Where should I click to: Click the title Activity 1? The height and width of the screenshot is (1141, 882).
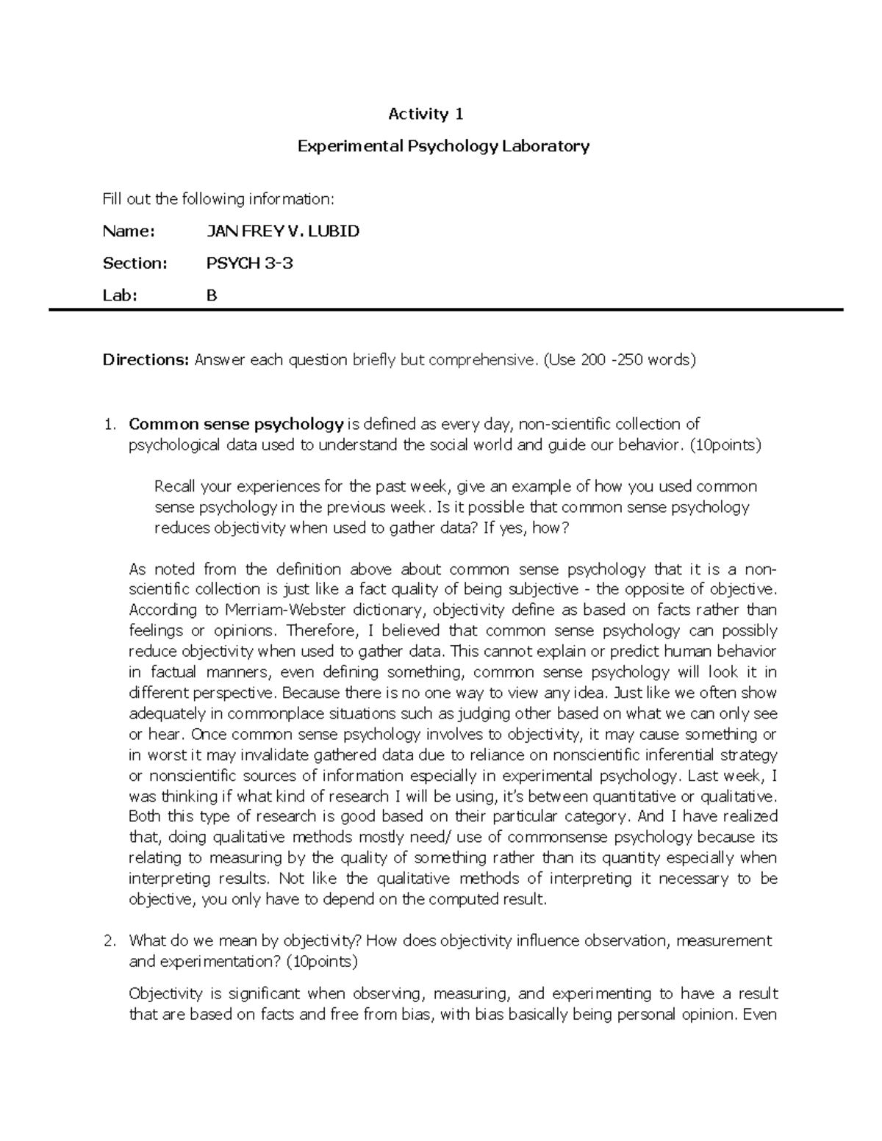(426, 114)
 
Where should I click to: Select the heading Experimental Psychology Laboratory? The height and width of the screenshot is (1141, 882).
(442, 146)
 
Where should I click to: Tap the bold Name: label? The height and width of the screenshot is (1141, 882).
(129, 231)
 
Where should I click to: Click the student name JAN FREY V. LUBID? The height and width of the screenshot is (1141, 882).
(283, 231)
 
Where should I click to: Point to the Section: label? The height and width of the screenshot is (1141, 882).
(135, 263)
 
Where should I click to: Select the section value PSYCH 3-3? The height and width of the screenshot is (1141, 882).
(250, 263)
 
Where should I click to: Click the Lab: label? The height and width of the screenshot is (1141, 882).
(120, 295)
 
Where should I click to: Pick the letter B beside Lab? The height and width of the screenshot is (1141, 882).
(212, 295)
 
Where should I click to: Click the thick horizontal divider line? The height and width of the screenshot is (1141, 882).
(445, 311)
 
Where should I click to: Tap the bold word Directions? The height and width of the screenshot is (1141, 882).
(146, 360)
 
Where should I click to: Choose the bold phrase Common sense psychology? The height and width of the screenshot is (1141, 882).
(236, 424)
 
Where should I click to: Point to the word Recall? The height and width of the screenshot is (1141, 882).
(175, 486)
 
